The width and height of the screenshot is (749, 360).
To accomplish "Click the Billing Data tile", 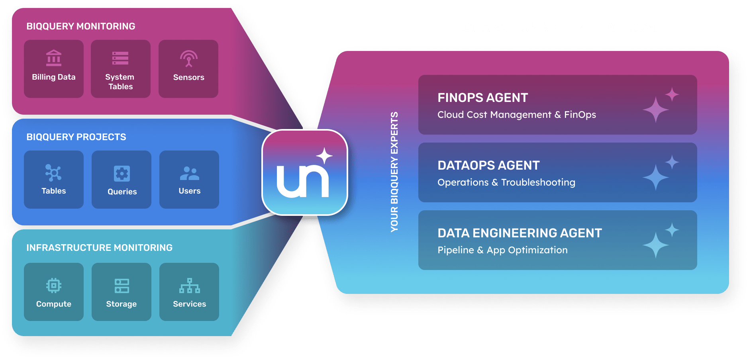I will point(54,68).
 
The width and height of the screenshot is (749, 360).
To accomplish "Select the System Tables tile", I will point(121,68).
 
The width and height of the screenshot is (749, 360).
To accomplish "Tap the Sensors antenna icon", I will point(189,59).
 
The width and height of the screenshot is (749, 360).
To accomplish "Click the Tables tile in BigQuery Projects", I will point(54,179).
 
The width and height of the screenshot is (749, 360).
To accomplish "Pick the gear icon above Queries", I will point(122,174).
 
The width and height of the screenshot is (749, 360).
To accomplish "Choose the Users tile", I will point(189,179).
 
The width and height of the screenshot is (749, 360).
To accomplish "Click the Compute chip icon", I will point(54,286).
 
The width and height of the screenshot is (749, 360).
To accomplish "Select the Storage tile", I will point(122,292).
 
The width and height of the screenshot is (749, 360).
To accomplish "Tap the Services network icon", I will point(190,286).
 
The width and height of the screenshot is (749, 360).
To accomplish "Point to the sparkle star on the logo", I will point(325,156).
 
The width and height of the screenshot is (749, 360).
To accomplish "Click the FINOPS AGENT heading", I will point(482,98).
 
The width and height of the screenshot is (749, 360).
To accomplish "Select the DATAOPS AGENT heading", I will point(488,165).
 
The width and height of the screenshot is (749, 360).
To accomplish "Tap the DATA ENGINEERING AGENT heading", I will point(520,233).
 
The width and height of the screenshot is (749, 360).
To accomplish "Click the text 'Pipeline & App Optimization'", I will point(502,250).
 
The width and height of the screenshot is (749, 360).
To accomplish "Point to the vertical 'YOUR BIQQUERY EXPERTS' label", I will point(394,172).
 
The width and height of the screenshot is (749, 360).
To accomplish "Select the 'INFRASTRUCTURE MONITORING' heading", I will point(99,248).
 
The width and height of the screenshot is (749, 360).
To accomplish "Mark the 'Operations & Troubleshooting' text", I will point(506,182).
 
